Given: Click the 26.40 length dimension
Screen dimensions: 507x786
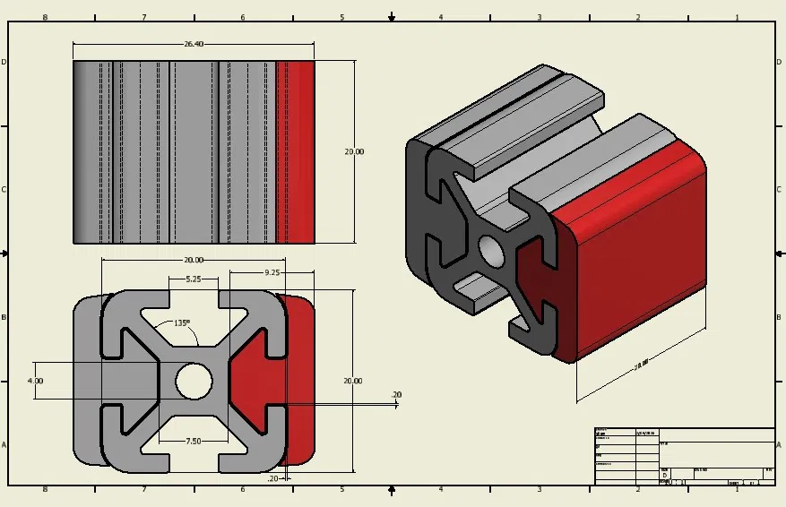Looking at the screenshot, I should click(194, 43).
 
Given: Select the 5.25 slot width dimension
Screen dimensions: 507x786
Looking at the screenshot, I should click(194, 279).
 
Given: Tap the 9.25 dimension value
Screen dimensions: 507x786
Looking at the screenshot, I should click(272, 271).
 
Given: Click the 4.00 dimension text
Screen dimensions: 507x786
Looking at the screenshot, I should click(36, 381).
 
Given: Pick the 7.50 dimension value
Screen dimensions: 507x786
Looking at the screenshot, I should click(194, 441).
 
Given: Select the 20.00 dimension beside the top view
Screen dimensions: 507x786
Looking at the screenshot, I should click(354, 152).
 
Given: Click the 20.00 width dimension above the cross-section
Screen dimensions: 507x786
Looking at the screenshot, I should click(193, 260).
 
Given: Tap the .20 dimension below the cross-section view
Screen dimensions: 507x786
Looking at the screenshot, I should click(272, 478).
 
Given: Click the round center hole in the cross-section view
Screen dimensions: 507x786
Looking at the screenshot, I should click(193, 381).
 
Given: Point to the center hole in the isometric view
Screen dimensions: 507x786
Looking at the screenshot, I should click(492, 250).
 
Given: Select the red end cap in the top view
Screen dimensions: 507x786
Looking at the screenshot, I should click(296, 152).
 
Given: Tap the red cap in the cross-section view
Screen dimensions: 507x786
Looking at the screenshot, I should click(260, 381).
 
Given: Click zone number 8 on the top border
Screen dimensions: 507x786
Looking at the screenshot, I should click(45, 17).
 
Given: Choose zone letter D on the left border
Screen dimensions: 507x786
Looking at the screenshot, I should click(4, 62).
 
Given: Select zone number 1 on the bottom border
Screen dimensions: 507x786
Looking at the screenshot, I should click(737, 490).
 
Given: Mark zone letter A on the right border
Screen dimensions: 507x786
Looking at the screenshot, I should click(780, 444).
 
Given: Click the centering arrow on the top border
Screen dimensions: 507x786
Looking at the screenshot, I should click(392, 17).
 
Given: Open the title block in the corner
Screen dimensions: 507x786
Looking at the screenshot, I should click(685, 457).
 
